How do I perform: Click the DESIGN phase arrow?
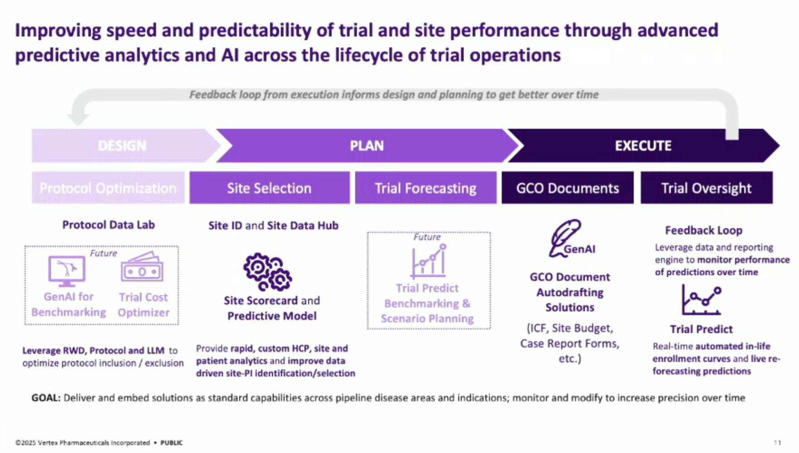click(x=122, y=145)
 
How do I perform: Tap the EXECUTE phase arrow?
click(x=643, y=145)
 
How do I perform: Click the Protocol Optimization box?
click(x=108, y=188)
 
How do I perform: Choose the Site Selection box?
click(x=269, y=188)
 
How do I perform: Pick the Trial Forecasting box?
click(x=425, y=188)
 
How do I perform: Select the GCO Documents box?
click(x=567, y=188)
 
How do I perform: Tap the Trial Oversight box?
click(x=706, y=188)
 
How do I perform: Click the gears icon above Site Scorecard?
click(x=268, y=272)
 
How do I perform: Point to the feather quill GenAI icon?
click(x=565, y=238)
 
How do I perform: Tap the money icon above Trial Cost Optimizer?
click(x=142, y=267)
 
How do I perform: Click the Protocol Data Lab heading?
click(x=108, y=225)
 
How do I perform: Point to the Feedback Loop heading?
click(x=704, y=230)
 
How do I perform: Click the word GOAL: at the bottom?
click(x=46, y=398)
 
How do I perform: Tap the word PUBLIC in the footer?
click(x=171, y=443)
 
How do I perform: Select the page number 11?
click(x=777, y=443)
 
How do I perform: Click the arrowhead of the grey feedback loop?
click(x=78, y=119)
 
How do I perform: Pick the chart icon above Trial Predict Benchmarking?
click(x=429, y=261)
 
